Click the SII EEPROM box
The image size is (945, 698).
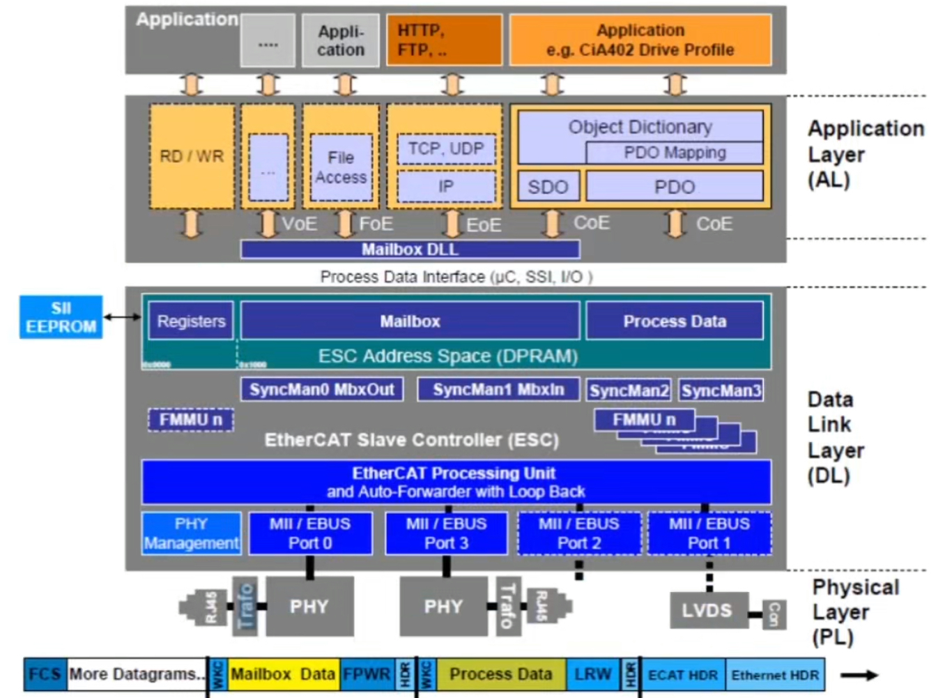(61, 317)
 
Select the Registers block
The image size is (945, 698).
(191, 321)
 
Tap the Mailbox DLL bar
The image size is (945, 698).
(410, 250)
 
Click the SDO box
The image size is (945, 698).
(548, 187)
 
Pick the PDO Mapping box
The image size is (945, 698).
(674, 153)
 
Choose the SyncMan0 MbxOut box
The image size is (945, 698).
(321, 389)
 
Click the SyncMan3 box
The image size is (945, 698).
(721, 390)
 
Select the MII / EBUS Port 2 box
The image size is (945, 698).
(578, 533)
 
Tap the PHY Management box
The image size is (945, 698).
(191, 533)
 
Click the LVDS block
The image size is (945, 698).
(707, 610)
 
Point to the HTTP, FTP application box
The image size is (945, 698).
(443, 40)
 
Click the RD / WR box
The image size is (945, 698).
(192, 156)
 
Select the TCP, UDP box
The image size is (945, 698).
(445, 149)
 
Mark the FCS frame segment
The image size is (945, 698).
(45, 674)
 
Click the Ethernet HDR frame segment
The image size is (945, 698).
(774, 675)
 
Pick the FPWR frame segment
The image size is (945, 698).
(367, 674)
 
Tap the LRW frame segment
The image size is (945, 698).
(592, 674)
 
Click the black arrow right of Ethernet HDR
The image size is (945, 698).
(859, 675)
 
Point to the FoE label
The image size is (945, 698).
(376, 224)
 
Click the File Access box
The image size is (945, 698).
(341, 168)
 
